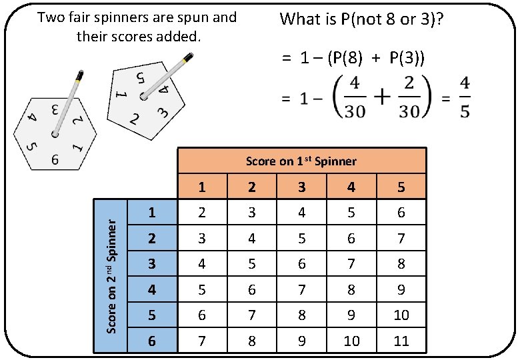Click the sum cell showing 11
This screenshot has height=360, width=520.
point(401,341)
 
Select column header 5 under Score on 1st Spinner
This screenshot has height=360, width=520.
point(401,187)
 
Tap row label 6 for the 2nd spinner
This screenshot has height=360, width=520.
point(152,341)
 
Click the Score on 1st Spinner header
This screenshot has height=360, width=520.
point(301,161)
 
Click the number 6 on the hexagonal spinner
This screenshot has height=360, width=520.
point(56,159)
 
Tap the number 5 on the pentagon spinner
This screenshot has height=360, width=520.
point(141,78)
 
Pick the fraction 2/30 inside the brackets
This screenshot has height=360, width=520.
point(409,99)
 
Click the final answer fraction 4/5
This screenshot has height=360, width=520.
point(465,98)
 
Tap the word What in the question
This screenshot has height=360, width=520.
point(300,19)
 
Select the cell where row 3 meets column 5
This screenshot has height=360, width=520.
point(401,264)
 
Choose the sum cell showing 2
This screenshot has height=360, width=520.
point(202,213)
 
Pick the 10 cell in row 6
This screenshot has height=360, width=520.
point(351,341)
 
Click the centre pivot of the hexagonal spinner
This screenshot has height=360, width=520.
point(55,135)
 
